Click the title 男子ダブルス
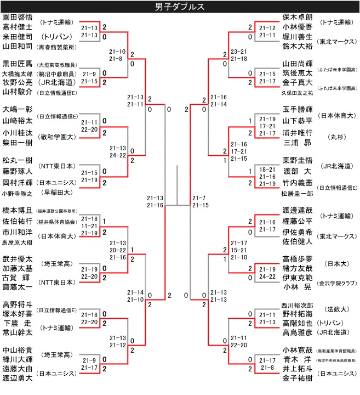(x=180, y=7)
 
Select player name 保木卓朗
(x=298, y=17)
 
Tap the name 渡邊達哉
(x=298, y=211)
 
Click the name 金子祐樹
(x=298, y=378)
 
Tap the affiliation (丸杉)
(x=335, y=135)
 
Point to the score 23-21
(x=239, y=52)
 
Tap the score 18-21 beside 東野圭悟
(x=268, y=171)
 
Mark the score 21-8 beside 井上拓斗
(x=268, y=366)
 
